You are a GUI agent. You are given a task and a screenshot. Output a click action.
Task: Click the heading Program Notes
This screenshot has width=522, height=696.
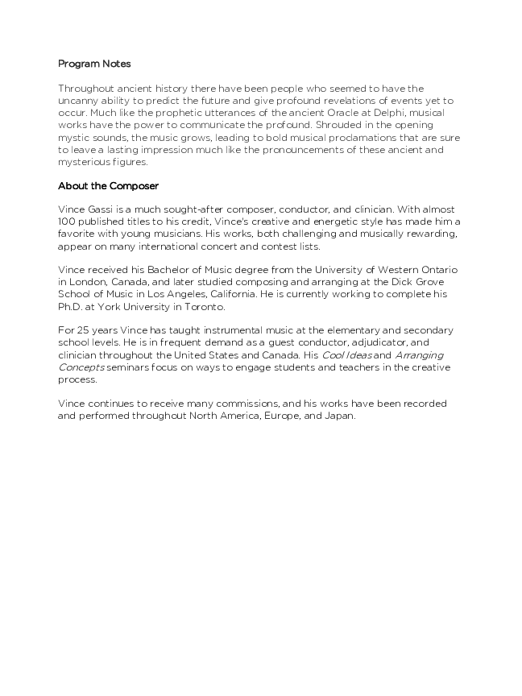(x=94, y=64)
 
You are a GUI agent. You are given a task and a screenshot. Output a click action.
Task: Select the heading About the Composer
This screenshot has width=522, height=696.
(x=108, y=186)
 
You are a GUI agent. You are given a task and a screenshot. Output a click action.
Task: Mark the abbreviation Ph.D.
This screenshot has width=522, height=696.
(x=69, y=306)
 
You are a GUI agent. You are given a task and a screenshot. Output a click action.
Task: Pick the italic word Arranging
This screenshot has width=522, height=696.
(x=419, y=354)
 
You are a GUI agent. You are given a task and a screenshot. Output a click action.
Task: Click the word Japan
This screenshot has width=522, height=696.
(x=338, y=415)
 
